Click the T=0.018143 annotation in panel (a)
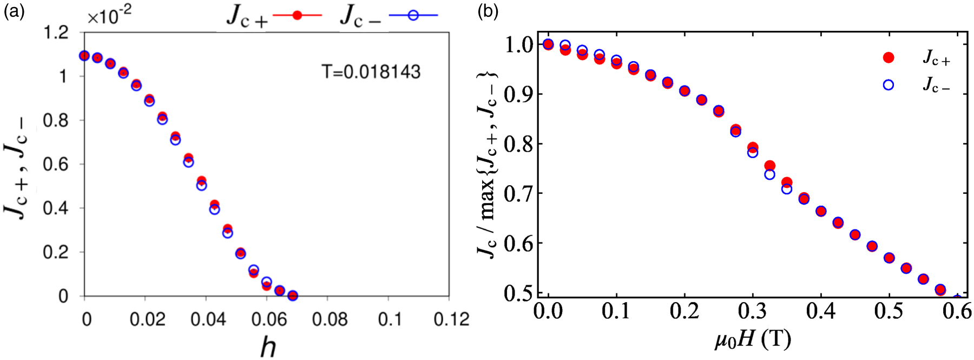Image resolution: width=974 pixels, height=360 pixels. pyautogui.click(x=371, y=72)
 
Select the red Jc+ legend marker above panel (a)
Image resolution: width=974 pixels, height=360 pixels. pyautogui.click(x=297, y=16)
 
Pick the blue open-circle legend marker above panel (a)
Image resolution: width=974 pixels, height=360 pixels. pyautogui.click(x=413, y=16)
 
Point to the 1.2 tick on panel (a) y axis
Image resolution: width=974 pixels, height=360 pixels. pyautogui.click(x=56, y=33)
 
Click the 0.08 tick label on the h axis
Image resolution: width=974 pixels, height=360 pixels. pyautogui.click(x=330, y=319)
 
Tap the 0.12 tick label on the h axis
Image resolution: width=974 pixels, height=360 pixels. pyautogui.click(x=451, y=319)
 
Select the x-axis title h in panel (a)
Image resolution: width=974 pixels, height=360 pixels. pyautogui.click(x=268, y=346)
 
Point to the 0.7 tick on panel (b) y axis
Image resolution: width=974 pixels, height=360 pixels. pyautogui.click(x=518, y=193)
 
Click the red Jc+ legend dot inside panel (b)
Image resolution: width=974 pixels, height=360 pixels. pyautogui.click(x=888, y=57)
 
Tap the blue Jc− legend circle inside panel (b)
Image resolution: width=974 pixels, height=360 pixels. pyautogui.click(x=888, y=85)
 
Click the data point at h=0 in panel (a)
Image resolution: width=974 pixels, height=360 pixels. pyautogui.click(x=84, y=56)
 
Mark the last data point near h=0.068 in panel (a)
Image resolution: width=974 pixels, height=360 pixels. pyautogui.click(x=293, y=296)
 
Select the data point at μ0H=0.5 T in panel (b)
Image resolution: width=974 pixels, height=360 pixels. pyautogui.click(x=889, y=258)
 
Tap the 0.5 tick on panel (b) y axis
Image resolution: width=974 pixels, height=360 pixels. pyautogui.click(x=518, y=293)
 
